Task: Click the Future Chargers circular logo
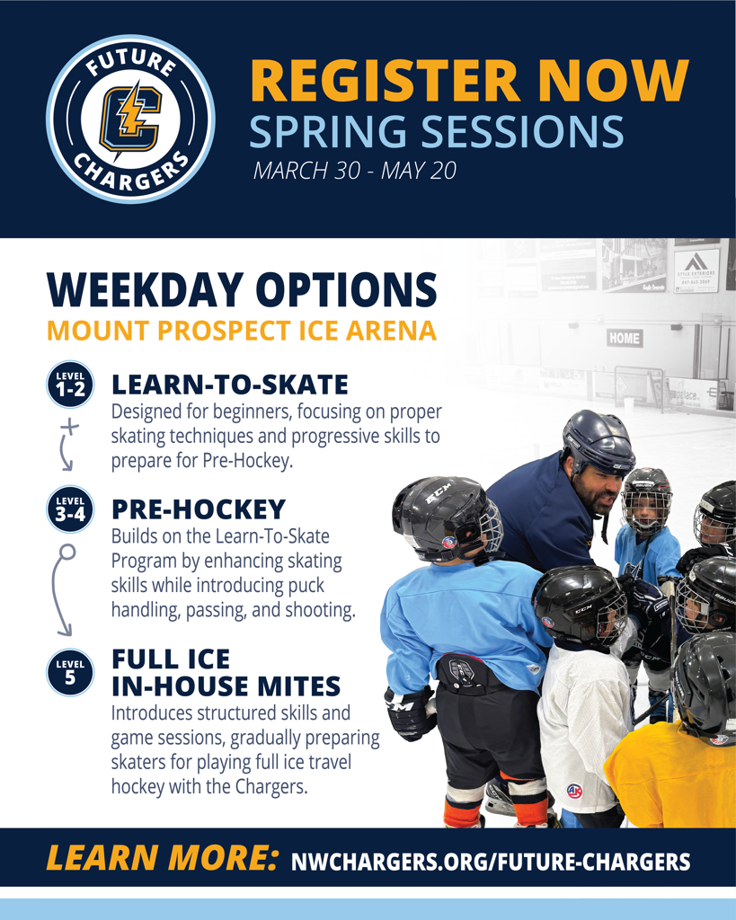(130, 119)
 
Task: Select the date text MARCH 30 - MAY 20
(354, 170)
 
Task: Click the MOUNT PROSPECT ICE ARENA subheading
(242, 331)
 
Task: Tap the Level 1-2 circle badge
(70, 385)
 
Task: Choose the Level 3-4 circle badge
(70, 509)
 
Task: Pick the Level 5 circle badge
(70, 672)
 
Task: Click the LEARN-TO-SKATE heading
(230, 385)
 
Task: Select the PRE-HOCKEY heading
(199, 509)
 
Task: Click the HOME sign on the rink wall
(625, 338)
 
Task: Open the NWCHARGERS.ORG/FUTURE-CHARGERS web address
(491, 862)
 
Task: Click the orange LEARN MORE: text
(162, 858)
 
